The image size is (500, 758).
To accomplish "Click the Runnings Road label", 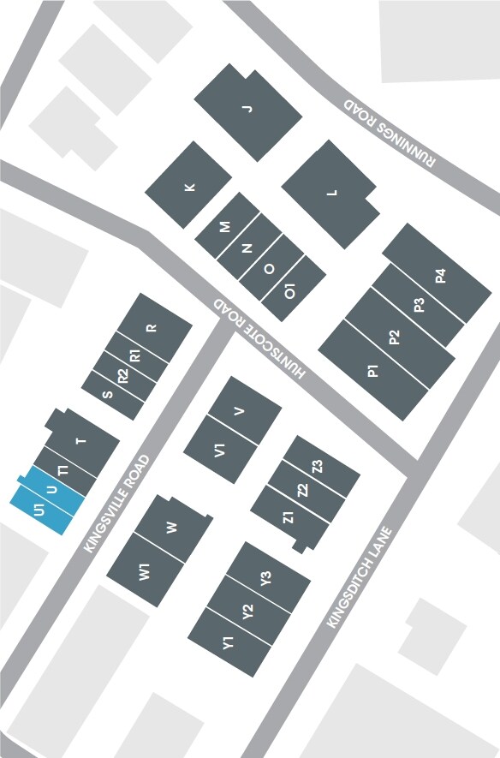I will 390,131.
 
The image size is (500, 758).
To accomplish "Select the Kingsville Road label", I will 119,504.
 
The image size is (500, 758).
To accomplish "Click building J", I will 248,109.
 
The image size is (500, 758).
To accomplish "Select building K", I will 189,187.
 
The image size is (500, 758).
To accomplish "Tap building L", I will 332,193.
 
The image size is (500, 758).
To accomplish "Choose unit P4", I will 440,277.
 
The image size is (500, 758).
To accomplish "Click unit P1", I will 373,371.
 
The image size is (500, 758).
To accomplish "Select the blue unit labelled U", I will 51,490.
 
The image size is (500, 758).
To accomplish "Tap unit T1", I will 62,472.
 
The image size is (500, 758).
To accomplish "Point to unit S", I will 108,394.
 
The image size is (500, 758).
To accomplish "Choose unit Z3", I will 318,468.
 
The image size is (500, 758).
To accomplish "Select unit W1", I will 145,571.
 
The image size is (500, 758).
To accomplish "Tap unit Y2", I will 247,612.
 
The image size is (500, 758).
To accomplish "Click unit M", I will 225,227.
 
